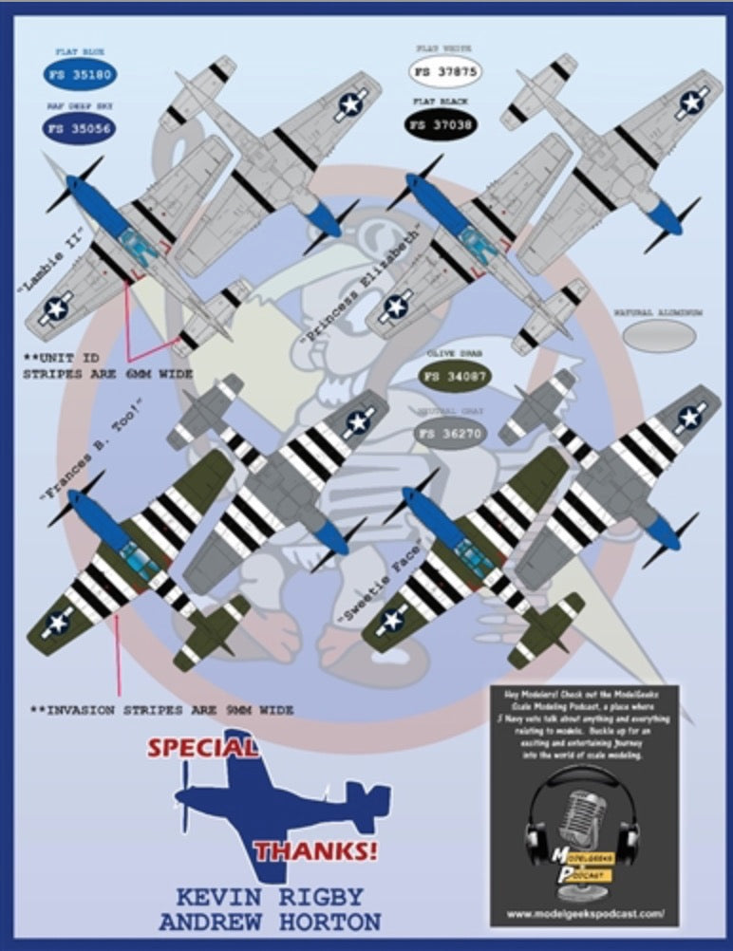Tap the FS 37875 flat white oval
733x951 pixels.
point(443,72)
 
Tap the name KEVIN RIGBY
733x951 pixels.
point(270,897)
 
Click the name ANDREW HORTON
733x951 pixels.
point(270,922)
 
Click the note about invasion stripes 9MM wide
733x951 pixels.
point(161,710)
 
